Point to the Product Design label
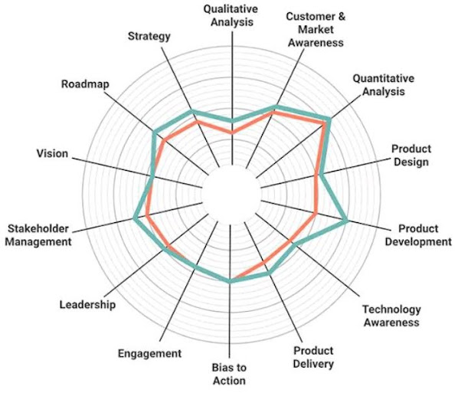411,155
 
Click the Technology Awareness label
391,316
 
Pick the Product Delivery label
314,357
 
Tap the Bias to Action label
228,374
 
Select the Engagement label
149,353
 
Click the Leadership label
87,305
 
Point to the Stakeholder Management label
39,235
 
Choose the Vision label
52,153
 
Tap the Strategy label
150,36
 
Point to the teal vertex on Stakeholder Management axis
135,219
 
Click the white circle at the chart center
231,195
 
